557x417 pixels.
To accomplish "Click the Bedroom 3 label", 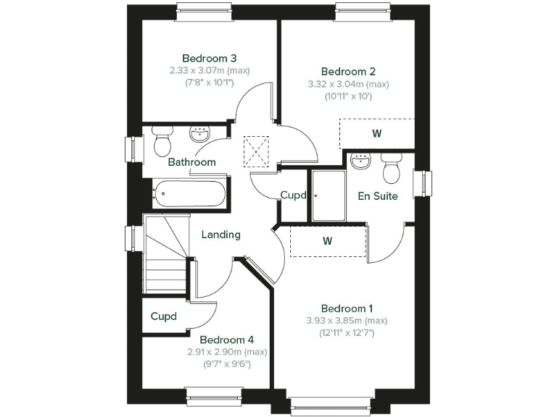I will point(199,58).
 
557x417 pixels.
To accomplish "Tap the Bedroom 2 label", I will point(348,72).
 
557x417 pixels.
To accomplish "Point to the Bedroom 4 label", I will point(227,340).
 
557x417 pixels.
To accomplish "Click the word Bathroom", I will point(191,162).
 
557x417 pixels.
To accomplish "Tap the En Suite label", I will point(378,195).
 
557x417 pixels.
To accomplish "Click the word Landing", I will point(220,235).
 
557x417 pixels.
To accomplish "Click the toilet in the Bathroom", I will point(162,141).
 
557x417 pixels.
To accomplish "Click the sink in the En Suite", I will point(360,161).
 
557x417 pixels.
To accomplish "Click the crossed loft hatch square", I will point(257,152).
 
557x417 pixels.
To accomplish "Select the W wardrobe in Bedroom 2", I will point(376,134).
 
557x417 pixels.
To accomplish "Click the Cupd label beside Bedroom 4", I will point(164,316).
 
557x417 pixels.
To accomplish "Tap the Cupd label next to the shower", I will point(294,195).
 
